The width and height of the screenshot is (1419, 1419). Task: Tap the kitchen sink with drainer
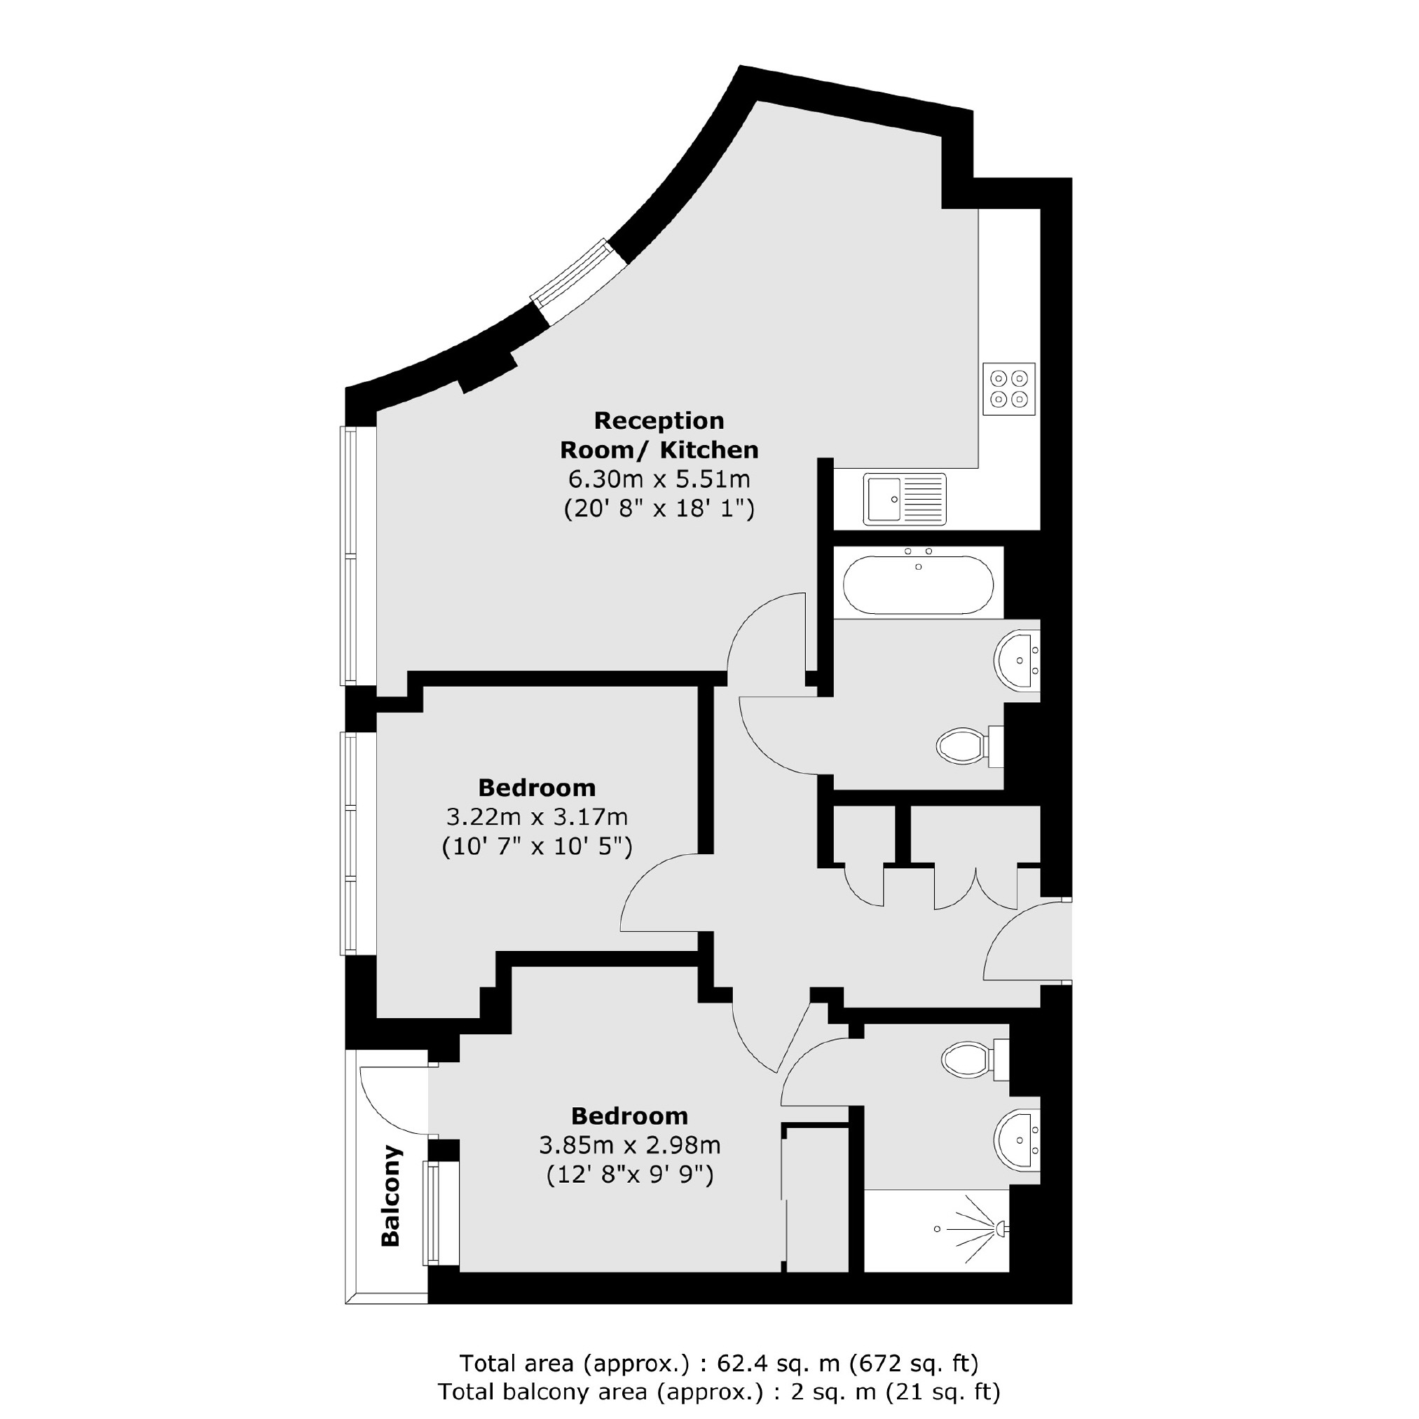pos(904,500)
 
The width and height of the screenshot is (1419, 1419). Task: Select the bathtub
pos(917,585)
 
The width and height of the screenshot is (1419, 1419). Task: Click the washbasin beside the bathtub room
pos(1017,659)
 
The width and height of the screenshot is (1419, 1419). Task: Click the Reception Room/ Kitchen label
pos(659,434)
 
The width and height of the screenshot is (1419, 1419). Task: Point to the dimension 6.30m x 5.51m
pos(659,479)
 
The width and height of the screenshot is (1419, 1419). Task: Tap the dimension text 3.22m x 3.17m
pos(537,817)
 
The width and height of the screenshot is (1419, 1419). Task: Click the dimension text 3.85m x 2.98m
pos(629,1145)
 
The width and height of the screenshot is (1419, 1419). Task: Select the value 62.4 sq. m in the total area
pos(778,1363)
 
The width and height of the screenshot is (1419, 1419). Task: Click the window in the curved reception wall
pos(580,283)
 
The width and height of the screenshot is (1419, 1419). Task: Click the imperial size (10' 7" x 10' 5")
pos(537,847)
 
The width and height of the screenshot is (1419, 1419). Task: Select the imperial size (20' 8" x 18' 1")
pos(659,508)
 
